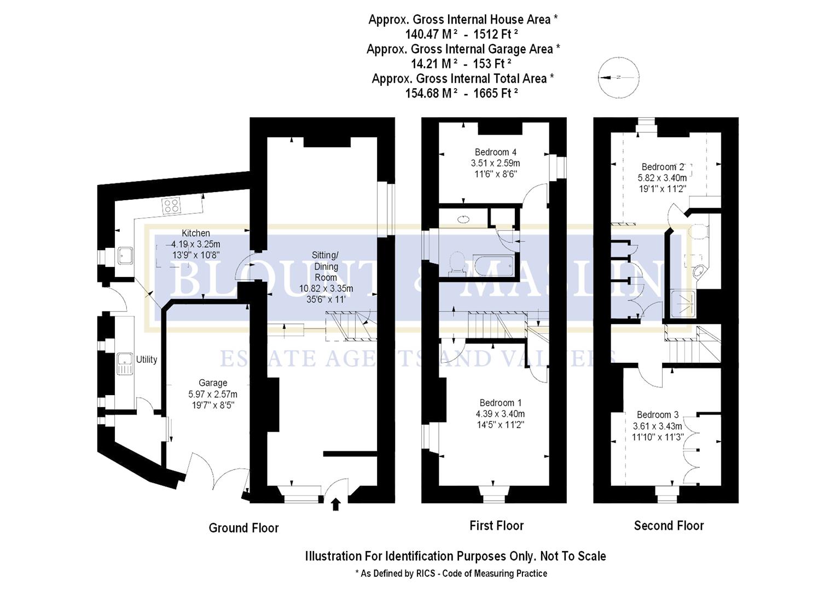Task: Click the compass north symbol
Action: click(618, 77)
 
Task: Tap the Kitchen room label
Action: click(195, 233)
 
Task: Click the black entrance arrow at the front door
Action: click(335, 504)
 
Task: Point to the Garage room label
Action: click(213, 383)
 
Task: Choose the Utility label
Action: click(147, 360)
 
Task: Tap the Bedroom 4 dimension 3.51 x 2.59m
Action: click(495, 163)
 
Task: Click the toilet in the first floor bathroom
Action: click(456, 263)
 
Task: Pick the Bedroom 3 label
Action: click(657, 415)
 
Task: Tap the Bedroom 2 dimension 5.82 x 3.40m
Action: click(662, 178)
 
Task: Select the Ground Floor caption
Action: click(243, 528)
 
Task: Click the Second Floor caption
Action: click(669, 526)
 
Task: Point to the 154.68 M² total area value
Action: click(431, 93)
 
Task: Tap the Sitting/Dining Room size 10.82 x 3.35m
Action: click(326, 288)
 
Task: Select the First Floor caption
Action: click(496, 526)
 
